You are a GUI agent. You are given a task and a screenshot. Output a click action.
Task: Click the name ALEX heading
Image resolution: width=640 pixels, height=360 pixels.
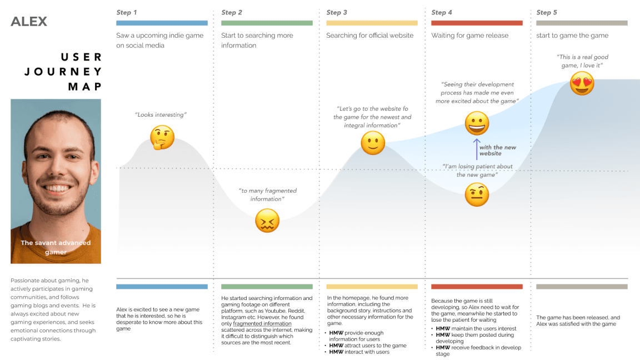[x=29, y=22]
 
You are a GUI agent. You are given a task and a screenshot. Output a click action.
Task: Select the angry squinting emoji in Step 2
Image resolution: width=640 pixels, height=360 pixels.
[x=267, y=221]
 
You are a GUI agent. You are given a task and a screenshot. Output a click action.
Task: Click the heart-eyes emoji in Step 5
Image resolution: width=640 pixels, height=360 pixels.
[x=582, y=83]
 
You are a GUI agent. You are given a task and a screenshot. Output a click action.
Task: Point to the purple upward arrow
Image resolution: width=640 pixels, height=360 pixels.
[x=476, y=149]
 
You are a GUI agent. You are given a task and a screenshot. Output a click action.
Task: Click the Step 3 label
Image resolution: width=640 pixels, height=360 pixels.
[x=337, y=12]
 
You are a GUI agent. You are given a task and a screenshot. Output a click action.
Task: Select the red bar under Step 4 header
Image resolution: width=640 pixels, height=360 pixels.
[x=477, y=23]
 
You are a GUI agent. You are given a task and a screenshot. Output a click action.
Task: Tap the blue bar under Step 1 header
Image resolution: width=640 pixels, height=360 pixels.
[x=162, y=23]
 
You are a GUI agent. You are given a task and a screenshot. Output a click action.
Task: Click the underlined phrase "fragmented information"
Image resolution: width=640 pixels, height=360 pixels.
[x=262, y=323]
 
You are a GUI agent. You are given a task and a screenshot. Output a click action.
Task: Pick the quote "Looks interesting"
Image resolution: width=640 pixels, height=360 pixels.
[x=161, y=114]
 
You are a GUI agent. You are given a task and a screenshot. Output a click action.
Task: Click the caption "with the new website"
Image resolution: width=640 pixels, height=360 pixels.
[x=497, y=150]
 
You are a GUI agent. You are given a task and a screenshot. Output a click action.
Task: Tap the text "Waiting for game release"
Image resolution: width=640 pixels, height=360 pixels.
[x=469, y=36]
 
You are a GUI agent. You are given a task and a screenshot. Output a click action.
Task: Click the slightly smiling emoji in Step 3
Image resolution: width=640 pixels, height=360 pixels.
[x=373, y=143]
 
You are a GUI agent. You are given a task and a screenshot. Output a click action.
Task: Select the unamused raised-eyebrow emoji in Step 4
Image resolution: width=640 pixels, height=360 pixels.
[x=476, y=194]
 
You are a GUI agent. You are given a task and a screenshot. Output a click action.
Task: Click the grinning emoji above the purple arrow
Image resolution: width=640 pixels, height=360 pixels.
[x=477, y=123]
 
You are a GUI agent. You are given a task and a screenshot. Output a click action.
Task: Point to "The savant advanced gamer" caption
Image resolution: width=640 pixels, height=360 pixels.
[x=56, y=247]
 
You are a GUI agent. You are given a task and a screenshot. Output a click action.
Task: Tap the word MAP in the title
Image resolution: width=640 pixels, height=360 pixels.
[x=85, y=86]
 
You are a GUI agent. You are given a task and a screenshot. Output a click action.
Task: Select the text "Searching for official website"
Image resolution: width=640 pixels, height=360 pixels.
[x=369, y=36]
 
